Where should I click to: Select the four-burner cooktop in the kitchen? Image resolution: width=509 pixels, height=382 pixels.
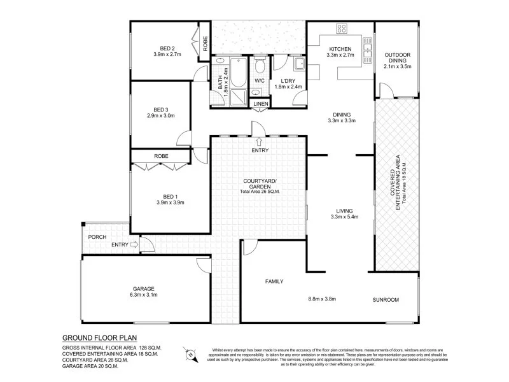point(341,28)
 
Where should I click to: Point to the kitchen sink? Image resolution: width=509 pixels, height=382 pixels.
point(367,48)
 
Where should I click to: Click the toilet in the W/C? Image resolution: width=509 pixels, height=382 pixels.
point(260,66)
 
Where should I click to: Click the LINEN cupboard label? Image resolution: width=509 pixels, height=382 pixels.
point(260,104)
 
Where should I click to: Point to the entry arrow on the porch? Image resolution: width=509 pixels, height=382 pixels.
point(133,244)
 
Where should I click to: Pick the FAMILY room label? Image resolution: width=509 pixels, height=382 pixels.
point(274,281)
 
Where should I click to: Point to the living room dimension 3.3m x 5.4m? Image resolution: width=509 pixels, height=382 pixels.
point(345,217)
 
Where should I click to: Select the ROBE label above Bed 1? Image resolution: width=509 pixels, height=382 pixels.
point(160,155)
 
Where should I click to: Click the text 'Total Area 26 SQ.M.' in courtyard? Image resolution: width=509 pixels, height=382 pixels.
point(260,192)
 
